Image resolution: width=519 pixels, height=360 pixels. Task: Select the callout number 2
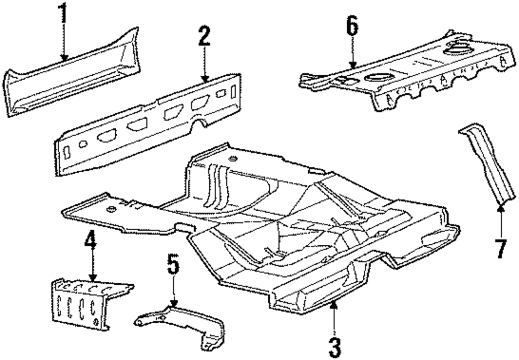tap(204, 38)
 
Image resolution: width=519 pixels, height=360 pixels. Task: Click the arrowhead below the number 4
tap(92, 280)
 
